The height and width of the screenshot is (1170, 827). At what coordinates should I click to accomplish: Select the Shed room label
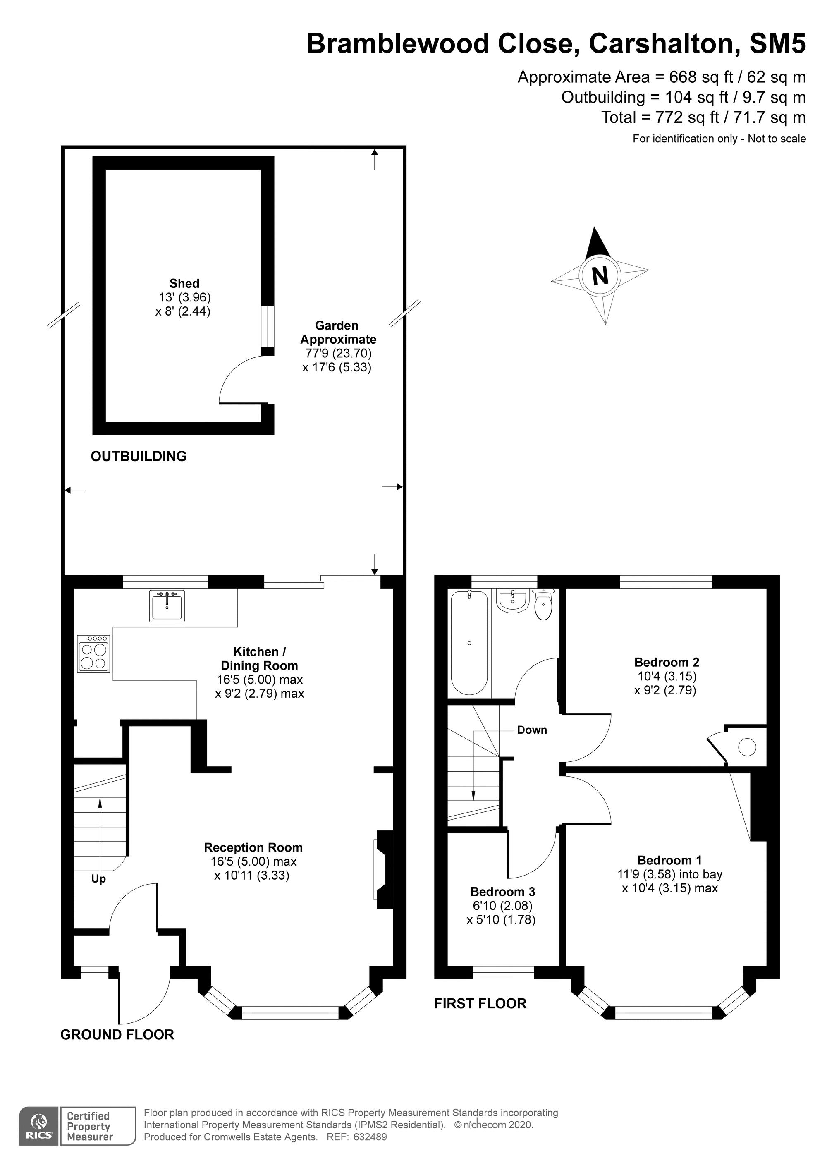pos(184,283)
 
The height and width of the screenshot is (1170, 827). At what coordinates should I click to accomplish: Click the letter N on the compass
pos(600,276)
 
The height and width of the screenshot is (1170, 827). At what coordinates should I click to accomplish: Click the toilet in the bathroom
pos(544,605)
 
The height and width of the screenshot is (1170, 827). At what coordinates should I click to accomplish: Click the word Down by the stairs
pos(532,730)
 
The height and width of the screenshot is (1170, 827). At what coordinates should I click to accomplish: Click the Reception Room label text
pos(253,847)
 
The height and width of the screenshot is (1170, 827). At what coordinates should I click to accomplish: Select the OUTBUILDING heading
pos(139,456)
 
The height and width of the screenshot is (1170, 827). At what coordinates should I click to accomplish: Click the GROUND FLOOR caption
pos(117,1034)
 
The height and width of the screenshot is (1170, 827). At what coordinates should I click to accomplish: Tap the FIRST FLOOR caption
pos(480,1003)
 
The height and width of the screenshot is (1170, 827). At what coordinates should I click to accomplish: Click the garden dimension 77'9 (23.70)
pos(337,353)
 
